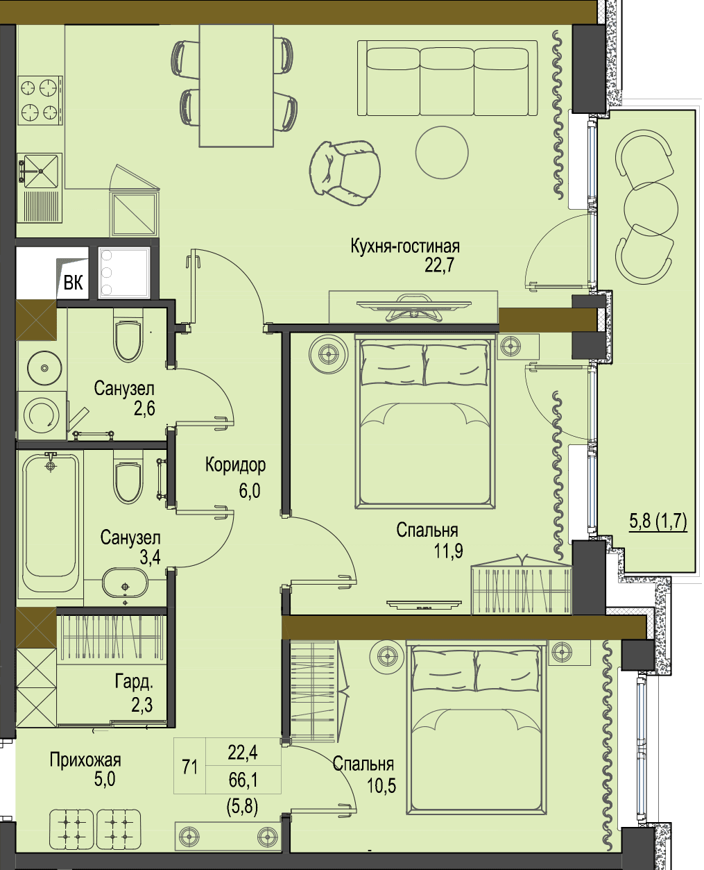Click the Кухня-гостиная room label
click(x=405, y=246)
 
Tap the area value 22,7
click(x=439, y=265)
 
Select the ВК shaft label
click(x=73, y=283)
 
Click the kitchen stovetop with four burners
click(x=40, y=100)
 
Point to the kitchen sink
click(x=40, y=170)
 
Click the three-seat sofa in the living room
click(x=447, y=78)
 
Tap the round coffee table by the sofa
click(x=442, y=152)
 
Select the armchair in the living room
click(x=345, y=173)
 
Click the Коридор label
click(x=235, y=465)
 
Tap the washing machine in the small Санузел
click(x=42, y=416)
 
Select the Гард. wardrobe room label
click(x=134, y=682)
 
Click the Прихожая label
click(x=85, y=760)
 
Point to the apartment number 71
click(x=189, y=767)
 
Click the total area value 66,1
click(x=243, y=780)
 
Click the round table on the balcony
click(x=651, y=209)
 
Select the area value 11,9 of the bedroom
click(x=448, y=551)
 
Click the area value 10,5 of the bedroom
click(x=381, y=785)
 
